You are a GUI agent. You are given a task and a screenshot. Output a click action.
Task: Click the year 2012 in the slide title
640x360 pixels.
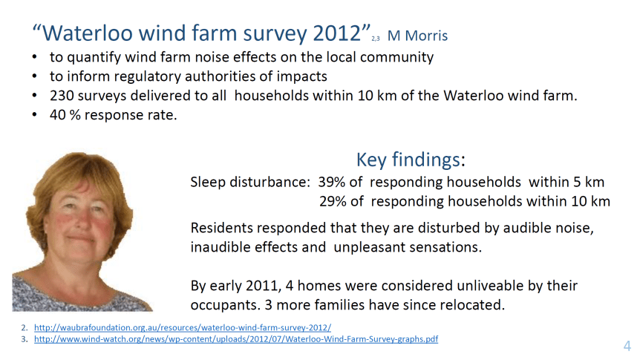click(337, 33)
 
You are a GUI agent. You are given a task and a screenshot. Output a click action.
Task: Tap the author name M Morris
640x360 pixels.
click(417, 36)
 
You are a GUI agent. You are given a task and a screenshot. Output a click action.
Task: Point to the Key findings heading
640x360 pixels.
click(411, 160)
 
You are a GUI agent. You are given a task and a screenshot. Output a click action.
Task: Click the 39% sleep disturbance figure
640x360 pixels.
click(331, 182)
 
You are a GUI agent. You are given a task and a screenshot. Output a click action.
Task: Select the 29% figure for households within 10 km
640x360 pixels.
click(333, 201)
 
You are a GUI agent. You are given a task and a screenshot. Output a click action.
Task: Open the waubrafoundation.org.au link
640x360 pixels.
click(183, 327)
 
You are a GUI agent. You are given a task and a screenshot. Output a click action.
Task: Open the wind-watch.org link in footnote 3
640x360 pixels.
click(236, 338)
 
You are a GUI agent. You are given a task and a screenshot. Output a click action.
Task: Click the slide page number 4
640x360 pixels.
click(627, 346)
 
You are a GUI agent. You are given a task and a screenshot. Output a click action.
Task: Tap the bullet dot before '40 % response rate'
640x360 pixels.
click(35, 115)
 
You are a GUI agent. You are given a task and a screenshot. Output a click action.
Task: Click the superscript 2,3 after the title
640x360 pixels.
click(376, 39)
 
